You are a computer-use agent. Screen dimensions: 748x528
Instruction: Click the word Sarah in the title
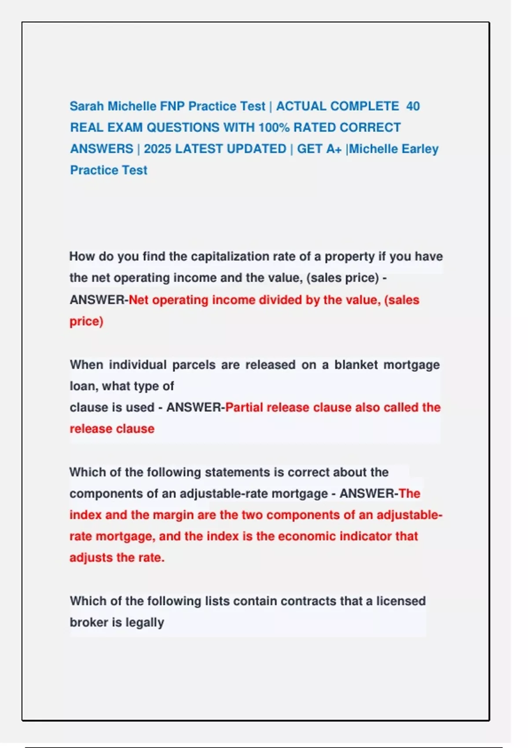pos(87,106)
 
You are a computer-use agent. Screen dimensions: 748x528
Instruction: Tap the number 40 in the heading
pos(413,106)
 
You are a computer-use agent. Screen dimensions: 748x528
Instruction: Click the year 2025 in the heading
pos(157,149)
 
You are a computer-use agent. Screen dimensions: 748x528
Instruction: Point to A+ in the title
pos(334,149)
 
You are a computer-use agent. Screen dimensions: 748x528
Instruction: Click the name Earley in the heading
pos(420,149)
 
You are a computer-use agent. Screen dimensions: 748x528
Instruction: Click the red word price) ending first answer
pos(86,321)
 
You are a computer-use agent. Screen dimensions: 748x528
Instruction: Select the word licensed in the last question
pos(400,601)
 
